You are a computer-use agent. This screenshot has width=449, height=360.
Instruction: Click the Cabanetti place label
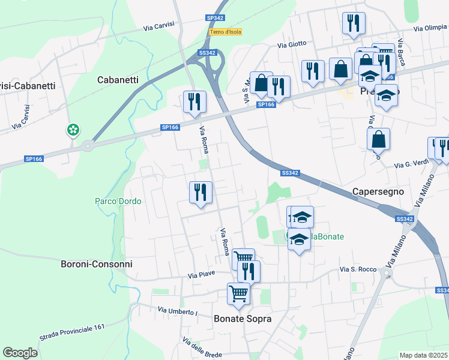tap(118, 80)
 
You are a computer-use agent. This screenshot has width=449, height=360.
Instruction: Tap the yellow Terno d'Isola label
tap(225, 32)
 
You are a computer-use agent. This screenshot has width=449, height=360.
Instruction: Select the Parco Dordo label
tap(118, 201)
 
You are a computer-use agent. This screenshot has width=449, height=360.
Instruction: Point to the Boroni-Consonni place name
tap(97, 264)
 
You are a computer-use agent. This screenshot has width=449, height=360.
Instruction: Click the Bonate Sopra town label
tap(243, 319)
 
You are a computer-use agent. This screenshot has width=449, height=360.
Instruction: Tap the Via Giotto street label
tap(292, 43)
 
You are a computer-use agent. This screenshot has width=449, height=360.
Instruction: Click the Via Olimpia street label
tap(430, 28)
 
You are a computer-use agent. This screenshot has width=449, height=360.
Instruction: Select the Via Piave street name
tap(201, 275)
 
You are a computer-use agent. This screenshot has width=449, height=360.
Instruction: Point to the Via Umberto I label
tap(178, 311)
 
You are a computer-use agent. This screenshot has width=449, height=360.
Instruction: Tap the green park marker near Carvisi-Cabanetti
tap(73, 130)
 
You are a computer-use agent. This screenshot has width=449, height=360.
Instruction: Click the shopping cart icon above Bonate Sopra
tap(238, 293)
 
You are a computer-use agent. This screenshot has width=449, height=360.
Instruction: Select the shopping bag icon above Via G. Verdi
tap(378, 139)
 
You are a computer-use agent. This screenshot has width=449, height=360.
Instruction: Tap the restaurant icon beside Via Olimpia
tap(353, 23)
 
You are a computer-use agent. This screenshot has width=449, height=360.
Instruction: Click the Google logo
tap(20, 353)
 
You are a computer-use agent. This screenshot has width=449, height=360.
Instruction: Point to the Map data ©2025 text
tap(424, 355)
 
